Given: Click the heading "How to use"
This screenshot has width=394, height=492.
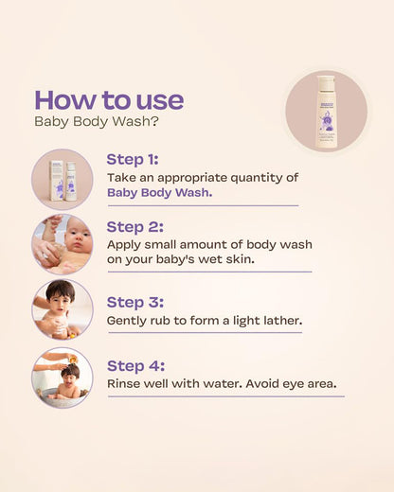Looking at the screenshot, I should tap(109, 99).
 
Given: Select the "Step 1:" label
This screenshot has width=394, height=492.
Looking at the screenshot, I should tap(133, 159).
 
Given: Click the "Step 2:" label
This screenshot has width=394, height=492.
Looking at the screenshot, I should tap(134, 226).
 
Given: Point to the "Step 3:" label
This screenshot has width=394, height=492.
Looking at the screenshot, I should tap(134, 302).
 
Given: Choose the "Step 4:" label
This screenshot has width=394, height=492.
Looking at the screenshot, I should tap(134, 365).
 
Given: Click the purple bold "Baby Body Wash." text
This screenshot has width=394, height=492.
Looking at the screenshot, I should tap(159, 192).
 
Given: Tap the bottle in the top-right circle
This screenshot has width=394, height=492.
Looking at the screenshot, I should tap(326, 111).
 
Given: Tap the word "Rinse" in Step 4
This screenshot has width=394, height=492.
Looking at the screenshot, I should tap(125, 384).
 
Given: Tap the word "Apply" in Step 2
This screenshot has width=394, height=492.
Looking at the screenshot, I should tap(124, 244).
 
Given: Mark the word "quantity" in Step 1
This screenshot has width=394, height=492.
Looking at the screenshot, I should tap(265, 176).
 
